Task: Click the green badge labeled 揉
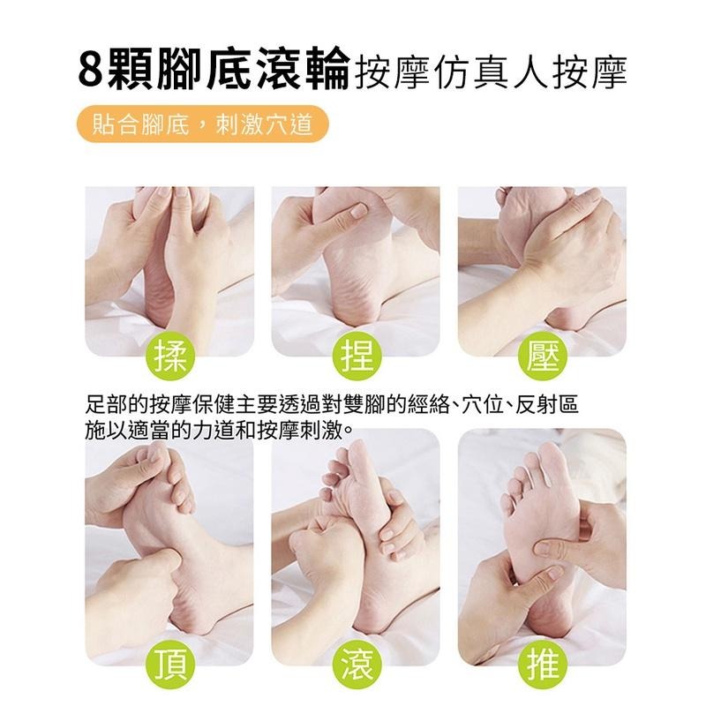[169, 357]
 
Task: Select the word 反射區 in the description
[552, 407]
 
